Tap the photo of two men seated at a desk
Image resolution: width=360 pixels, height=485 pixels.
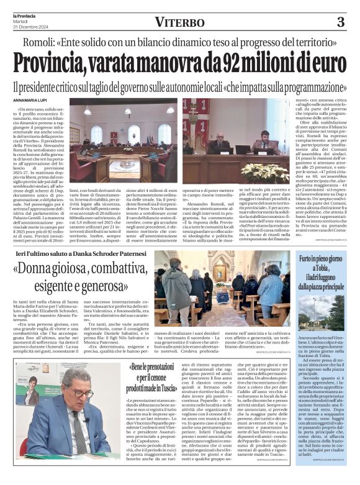coord(236,140)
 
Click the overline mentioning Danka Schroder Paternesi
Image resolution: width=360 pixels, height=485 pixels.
coord(81,253)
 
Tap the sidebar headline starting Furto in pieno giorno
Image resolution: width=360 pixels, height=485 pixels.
coord(322,271)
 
